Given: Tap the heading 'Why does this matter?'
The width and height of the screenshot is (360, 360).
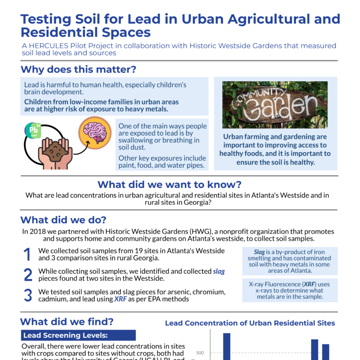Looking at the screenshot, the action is click(x=78, y=70).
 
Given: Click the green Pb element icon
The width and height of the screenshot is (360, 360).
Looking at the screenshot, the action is click(x=33, y=130).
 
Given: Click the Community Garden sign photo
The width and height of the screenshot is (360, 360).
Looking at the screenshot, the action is click(x=275, y=105).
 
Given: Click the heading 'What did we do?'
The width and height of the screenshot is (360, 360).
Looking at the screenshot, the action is click(x=63, y=219).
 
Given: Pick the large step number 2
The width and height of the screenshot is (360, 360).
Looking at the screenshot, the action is click(x=28, y=275).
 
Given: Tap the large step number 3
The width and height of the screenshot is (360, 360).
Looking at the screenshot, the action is click(x=28, y=295).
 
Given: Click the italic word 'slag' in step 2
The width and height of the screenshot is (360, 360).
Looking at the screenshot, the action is click(x=219, y=272).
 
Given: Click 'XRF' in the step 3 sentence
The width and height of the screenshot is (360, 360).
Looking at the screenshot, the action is click(x=119, y=299).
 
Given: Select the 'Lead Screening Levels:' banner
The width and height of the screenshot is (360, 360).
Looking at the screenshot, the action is click(x=78, y=335).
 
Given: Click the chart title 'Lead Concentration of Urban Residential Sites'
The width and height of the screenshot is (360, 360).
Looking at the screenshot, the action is click(x=250, y=323).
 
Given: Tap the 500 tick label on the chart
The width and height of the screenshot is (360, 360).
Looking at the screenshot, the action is click(x=200, y=353).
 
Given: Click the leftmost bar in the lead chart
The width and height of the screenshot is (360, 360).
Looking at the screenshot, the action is click(x=226, y=346).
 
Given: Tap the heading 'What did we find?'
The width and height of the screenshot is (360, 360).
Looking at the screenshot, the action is click(x=67, y=322).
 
